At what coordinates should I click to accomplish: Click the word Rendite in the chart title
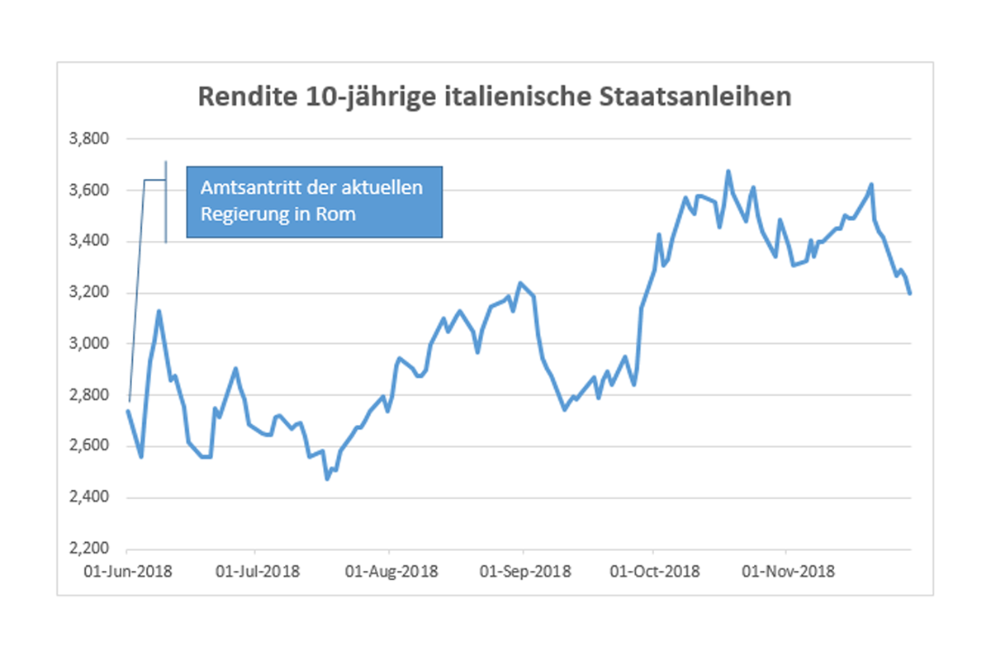click(240, 97)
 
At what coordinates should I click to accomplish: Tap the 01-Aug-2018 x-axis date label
click(391, 571)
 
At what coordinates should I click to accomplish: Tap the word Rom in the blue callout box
click(339, 214)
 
